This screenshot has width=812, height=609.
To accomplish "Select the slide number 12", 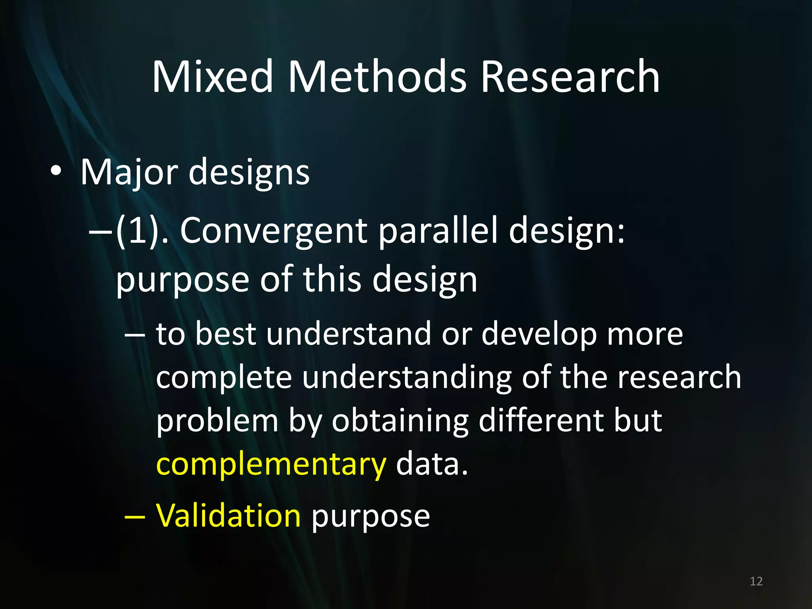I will pos(756,581).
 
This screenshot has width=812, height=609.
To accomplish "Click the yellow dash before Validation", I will pos(135,517).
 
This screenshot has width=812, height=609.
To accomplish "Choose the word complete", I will pos(224,377).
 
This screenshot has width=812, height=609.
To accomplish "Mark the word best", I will pos(226,334).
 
